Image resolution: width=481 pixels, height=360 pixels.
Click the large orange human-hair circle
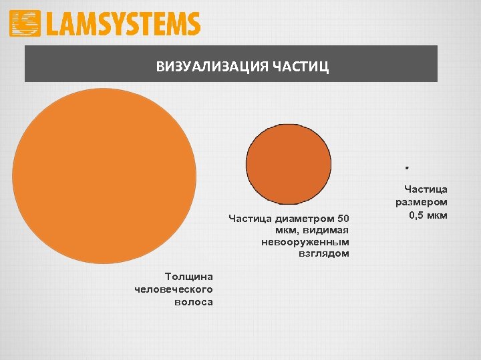104,176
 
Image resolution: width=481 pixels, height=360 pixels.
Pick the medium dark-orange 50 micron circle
288,163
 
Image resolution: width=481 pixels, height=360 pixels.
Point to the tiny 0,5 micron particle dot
406,165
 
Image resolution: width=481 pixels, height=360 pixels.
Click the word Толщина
189,277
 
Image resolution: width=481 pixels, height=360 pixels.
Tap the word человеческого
174,289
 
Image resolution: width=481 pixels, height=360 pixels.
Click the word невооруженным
305,241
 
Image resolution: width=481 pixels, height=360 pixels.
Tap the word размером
422,202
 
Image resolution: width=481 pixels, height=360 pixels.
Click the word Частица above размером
426,189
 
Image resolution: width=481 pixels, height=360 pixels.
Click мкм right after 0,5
437,215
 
